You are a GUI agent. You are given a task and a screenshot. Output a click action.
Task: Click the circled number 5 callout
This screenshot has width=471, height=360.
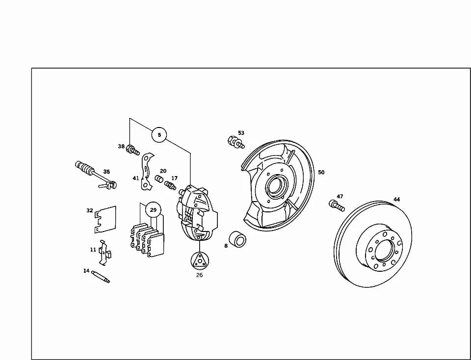point(159,135)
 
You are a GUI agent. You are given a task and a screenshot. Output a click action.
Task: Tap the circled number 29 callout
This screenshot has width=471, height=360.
point(153,210)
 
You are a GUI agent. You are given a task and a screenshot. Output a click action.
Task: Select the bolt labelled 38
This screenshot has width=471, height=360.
point(133,150)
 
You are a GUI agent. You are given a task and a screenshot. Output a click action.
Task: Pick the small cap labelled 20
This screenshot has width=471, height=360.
point(159,179)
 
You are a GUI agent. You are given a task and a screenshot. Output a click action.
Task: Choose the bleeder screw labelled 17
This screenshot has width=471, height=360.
point(170,185)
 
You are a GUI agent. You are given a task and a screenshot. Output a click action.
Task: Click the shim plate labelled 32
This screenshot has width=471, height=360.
point(105,220)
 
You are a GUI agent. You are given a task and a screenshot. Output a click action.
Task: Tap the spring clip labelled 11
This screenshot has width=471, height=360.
point(105,253)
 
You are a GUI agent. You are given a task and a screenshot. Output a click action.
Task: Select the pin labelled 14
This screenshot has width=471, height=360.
point(101,277)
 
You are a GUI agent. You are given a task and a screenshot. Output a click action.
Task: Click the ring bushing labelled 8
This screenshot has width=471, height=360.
point(237,239)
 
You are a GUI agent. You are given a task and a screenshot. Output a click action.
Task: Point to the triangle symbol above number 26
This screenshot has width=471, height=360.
point(200,260)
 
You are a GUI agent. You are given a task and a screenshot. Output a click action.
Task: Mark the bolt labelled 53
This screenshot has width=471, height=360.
point(236,142)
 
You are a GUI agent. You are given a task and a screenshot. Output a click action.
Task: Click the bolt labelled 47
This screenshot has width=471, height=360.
point(337,206)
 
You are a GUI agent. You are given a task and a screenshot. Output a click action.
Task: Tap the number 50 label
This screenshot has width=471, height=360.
point(321,172)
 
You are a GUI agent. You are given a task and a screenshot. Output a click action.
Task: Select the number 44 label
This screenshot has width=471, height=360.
point(397,199)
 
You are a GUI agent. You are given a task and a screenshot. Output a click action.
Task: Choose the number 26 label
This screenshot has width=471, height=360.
point(200,275)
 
